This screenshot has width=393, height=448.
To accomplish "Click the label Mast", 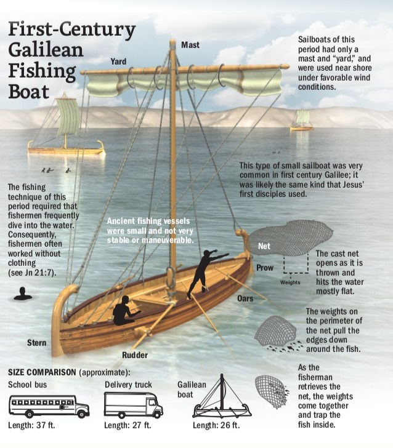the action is pos(190,45).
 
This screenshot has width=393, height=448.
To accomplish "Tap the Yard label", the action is pos(118,62).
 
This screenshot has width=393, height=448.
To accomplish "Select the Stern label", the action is pos(36,343).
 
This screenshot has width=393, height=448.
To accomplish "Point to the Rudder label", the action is pos(135,355).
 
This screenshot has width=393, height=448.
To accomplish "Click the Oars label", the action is pos(245,298).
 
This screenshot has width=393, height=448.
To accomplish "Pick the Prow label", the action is pos(265,268).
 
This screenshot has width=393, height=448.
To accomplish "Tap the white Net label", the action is pos(264,246).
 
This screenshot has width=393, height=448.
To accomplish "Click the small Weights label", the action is pos(290,282).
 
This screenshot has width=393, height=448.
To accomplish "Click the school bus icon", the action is pos(49,406).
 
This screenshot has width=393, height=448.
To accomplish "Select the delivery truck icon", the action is pos(133,405).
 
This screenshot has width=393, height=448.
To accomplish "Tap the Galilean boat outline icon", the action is pos(222,397).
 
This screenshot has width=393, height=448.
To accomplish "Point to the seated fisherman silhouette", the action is pos(125,311).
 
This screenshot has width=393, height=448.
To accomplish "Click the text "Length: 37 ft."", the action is pos(31,425).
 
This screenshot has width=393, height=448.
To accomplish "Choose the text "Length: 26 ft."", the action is pos(216,425).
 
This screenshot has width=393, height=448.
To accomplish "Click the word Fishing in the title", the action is pos(43,71).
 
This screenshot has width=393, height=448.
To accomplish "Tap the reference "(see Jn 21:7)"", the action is pos(32,272).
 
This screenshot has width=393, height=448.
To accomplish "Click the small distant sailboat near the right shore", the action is pos(301,120).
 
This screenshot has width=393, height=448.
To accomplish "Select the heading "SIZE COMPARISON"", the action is pos(42,372).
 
